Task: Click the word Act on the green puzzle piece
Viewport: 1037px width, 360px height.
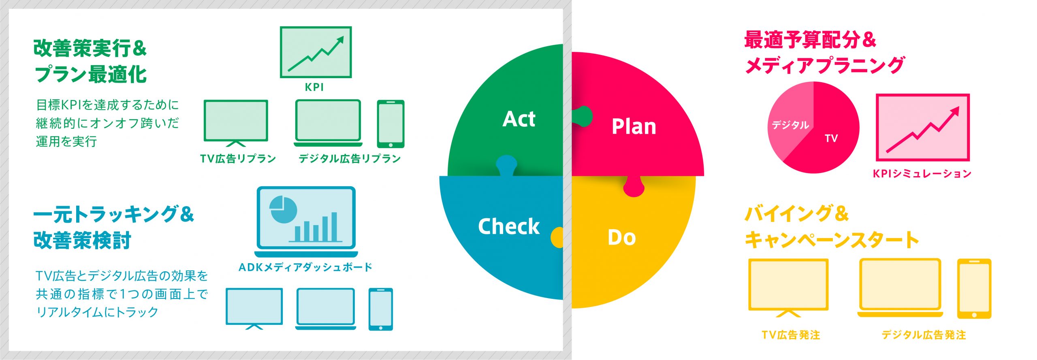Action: (519, 119)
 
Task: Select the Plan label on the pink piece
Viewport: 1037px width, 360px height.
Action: (634, 126)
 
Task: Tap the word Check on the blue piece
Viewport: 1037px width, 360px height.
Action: (509, 226)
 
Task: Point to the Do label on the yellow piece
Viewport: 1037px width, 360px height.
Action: (622, 237)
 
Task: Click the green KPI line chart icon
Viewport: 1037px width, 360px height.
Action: (316, 52)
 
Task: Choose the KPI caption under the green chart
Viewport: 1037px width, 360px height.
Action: (314, 87)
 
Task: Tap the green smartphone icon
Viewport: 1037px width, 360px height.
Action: (390, 124)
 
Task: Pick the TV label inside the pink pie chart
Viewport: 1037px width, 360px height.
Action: (831, 138)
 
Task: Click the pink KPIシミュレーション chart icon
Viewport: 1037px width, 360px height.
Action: (923, 127)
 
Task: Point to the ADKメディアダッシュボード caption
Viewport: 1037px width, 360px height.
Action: (305, 267)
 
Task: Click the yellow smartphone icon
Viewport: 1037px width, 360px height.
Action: (974, 289)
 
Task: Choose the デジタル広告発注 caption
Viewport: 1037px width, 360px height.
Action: (924, 335)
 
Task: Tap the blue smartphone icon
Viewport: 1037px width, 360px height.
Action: (380, 309)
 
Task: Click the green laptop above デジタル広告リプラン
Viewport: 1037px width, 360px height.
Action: (328, 123)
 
